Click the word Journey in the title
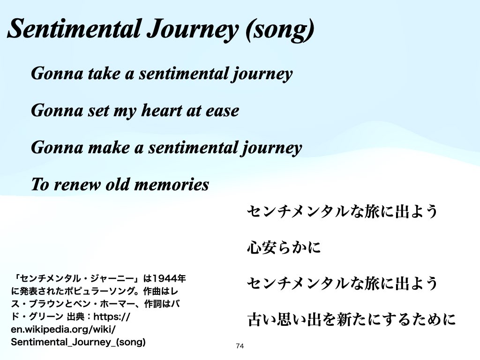[192, 30]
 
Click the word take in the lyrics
[104, 74]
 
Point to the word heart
[161, 110]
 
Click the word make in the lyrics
[109, 148]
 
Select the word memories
[172, 184]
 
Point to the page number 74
[240, 346]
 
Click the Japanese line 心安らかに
[284, 247]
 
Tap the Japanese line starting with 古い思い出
[352, 319]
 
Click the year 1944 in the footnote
[165, 278]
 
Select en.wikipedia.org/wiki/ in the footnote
[63, 330]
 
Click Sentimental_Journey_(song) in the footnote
[78, 342]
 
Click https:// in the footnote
[112, 316]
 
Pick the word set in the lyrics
[98, 111]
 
